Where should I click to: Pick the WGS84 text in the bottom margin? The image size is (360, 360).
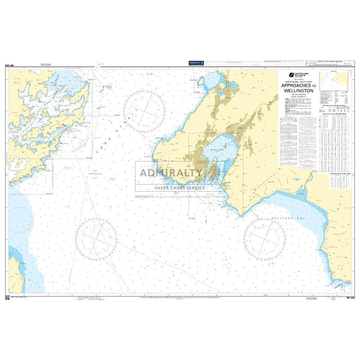click(x=310, y=299)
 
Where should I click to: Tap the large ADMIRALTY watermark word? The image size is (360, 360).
click(x=171, y=173)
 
